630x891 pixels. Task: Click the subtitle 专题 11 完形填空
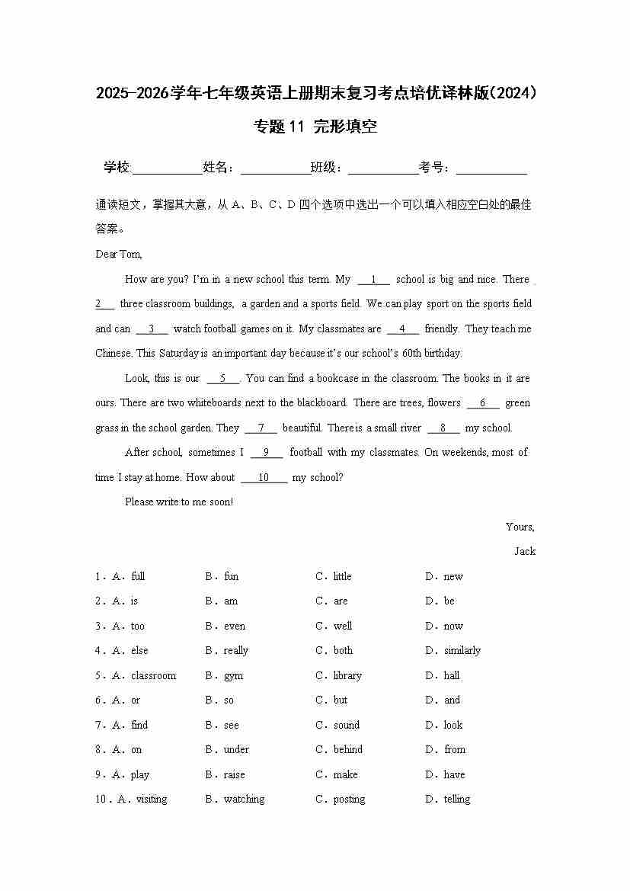315,127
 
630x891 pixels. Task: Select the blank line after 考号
491,169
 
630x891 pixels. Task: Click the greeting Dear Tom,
119,255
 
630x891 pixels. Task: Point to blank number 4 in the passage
403,329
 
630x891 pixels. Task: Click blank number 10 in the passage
264,478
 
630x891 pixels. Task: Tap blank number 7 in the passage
261,428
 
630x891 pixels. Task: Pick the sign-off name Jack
525,552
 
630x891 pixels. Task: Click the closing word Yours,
520,527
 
